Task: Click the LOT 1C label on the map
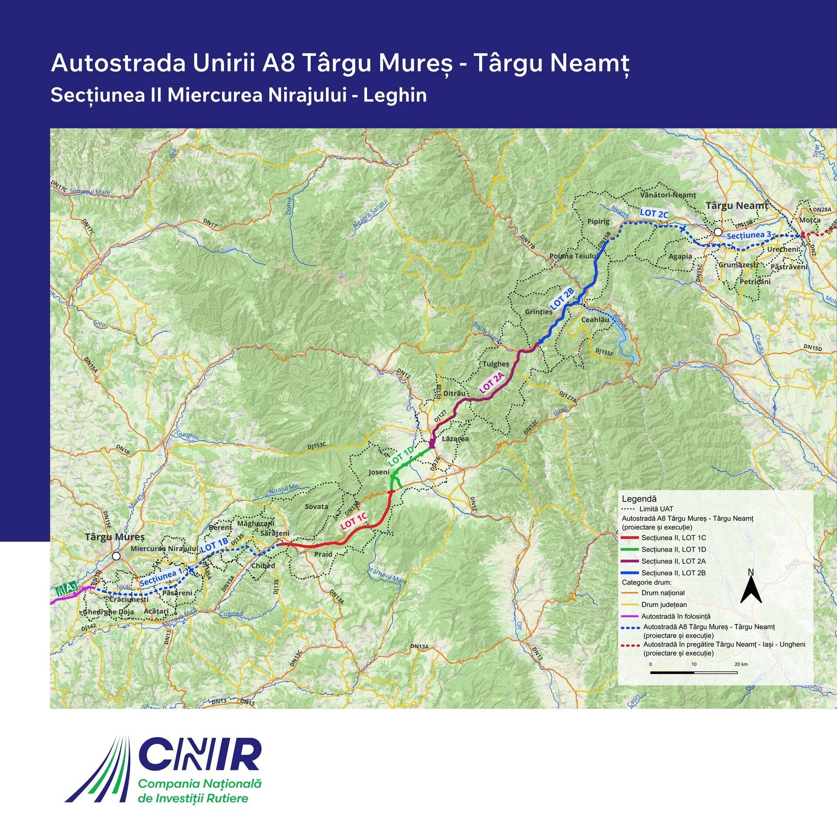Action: pos(354,521)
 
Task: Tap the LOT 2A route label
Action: pos(492,383)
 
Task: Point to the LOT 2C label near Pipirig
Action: pos(654,213)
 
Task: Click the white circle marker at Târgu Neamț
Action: pos(718,231)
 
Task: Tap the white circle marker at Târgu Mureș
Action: pos(116,556)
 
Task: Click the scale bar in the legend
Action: pos(694,672)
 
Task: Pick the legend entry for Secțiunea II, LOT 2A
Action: pos(673,561)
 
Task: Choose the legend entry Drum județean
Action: pos(664,605)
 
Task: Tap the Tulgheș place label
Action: pos(496,364)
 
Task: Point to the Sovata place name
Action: pos(316,506)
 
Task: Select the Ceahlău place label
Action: pos(595,320)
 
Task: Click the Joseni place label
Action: pos(379,472)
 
